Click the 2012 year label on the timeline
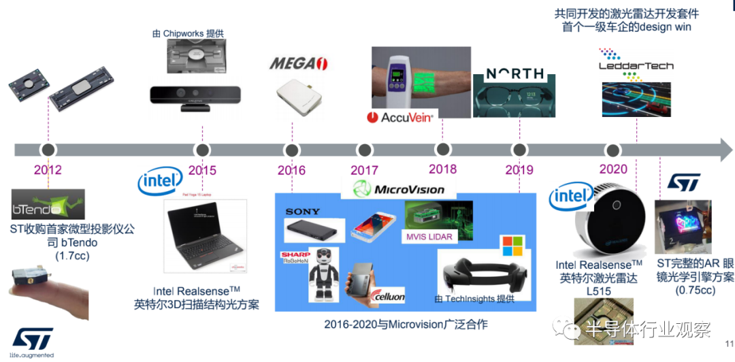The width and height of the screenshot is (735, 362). [x=48, y=170]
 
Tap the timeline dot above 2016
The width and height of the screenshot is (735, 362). [x=291, y=150]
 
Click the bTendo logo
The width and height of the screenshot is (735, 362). [x=48, y=203]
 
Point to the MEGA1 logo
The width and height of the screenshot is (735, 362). [x=299, y=64]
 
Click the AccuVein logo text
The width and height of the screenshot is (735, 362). [x=400, y=117]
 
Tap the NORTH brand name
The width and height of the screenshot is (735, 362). [x=514, y=73]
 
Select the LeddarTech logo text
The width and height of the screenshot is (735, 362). [x=636, y=65]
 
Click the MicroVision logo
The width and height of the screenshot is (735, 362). [x=400, y=188]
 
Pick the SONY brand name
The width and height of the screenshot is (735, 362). [x=302, y=212]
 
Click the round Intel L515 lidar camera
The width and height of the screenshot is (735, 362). [x=609, y=225]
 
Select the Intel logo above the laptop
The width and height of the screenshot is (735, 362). [x=160, y=181]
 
